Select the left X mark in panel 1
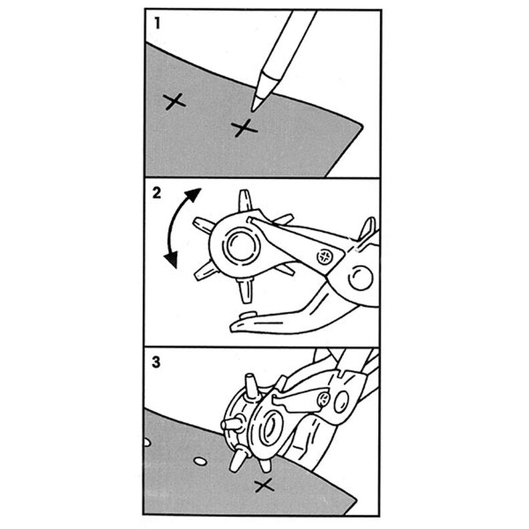tap(175, 102)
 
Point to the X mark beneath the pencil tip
tap(244, 127)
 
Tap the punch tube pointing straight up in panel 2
tap(244, 201)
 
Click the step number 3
tap(156, 363)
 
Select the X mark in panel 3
tap(264, 486)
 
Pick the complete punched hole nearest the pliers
tap(198, 461)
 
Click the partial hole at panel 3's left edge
tap(147, 442)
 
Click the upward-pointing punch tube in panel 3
tap(250, 385)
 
